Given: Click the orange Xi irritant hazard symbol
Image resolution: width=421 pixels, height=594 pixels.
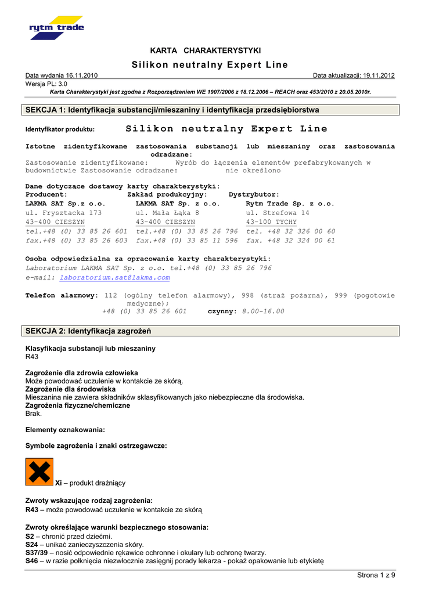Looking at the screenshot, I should point(39,472).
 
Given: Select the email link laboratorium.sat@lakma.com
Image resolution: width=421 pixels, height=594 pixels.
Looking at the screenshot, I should point(115,278).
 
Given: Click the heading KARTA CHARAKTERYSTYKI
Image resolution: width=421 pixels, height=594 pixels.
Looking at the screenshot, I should point(206,50).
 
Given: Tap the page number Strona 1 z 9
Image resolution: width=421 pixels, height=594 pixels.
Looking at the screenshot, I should point(376,575).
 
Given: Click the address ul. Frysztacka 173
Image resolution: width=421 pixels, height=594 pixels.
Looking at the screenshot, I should point(64,213).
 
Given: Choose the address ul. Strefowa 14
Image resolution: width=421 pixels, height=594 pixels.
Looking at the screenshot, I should point(278,213).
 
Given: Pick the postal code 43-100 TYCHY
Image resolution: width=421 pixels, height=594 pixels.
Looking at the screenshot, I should point(271,222).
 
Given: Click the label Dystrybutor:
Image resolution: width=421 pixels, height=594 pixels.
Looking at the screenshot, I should point(254,195).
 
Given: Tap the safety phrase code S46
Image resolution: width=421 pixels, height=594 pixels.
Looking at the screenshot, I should point(32,561).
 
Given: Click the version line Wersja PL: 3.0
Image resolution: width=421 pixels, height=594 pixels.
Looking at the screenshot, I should point(46,84).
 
